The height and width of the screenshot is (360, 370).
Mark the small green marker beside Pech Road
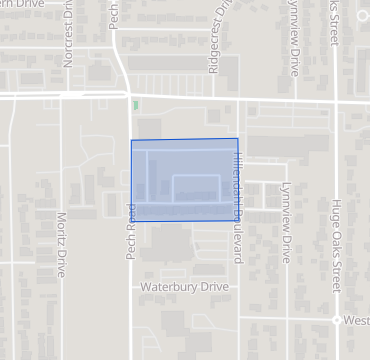[x=134, y=104]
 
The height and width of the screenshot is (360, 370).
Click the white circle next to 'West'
[x=336, y=320]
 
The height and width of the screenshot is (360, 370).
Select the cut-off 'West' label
[x=356, y=320]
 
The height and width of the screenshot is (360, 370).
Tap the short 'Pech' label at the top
[x=115, y=15]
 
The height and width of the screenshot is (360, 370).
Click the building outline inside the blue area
[x=197, y=189]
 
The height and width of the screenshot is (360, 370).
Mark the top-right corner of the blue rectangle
[x=238, y=139]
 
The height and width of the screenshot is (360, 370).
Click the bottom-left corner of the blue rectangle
[x=132, y=221]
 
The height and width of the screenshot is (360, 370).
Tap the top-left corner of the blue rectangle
[x=132, y=140]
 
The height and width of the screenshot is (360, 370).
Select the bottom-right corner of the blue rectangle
[x=238, y=221]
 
